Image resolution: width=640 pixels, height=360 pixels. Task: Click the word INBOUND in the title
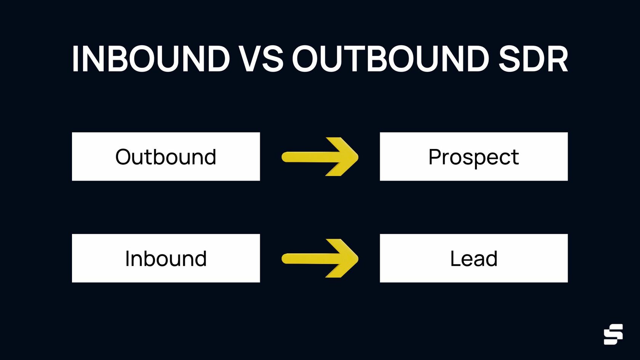click(151, 59)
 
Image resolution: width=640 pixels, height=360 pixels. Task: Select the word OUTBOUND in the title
click(390, 59)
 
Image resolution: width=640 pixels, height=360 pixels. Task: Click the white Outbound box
click(166, 157)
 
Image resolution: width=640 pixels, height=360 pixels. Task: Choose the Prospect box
click(474, 157)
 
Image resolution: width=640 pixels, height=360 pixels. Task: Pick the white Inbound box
click(166, 258)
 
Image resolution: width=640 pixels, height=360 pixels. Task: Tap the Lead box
click(474, 258)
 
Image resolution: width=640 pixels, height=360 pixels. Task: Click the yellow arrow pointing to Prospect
click(320, 157)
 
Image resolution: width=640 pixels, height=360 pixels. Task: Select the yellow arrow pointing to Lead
click(320, 259)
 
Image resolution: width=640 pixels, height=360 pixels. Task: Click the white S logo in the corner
click(613, 334)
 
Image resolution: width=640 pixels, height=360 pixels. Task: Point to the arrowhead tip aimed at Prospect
click(357, 157)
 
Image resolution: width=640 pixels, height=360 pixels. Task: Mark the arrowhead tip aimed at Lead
click(357, 259)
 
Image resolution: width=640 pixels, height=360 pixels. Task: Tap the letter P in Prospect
click(435, 157)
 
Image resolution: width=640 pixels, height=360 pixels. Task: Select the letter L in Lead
click(455, 259)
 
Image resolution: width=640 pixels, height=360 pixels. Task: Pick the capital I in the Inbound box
click(128, 259)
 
